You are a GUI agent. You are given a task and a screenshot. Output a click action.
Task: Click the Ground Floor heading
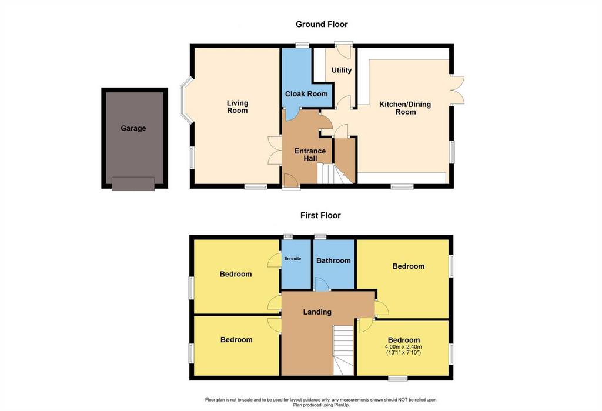[322, 24]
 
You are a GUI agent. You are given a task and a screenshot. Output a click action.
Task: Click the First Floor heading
[320, 215]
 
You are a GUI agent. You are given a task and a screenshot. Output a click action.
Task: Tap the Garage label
[133, 128]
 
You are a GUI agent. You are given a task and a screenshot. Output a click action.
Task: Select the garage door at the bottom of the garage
[133, 183]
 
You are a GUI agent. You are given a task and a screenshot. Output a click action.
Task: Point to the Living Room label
[238, 107]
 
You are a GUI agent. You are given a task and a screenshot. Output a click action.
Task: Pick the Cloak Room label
[306, 93]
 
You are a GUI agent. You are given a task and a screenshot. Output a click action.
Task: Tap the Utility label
[342, 70]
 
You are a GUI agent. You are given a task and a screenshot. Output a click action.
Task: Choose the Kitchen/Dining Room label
[405, 108]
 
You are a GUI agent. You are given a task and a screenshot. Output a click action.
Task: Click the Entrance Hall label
[310, 155]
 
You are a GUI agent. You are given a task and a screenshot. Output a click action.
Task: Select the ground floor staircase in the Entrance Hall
[336, 173]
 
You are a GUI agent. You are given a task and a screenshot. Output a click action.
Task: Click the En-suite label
[293, 259]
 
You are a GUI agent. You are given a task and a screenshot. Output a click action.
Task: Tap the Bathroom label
[333, 260]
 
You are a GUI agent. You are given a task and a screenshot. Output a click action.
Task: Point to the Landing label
[317, 312]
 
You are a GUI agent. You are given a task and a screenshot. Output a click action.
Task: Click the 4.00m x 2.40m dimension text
[403, 347]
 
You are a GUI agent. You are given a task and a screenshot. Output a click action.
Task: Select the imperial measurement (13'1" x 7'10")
[403, 352]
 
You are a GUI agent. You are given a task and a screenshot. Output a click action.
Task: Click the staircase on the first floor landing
[343, 350]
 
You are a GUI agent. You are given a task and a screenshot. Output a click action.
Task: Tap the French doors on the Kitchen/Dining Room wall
[457, 89]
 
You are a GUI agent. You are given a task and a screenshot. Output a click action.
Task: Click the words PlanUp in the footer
[342, 405]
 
